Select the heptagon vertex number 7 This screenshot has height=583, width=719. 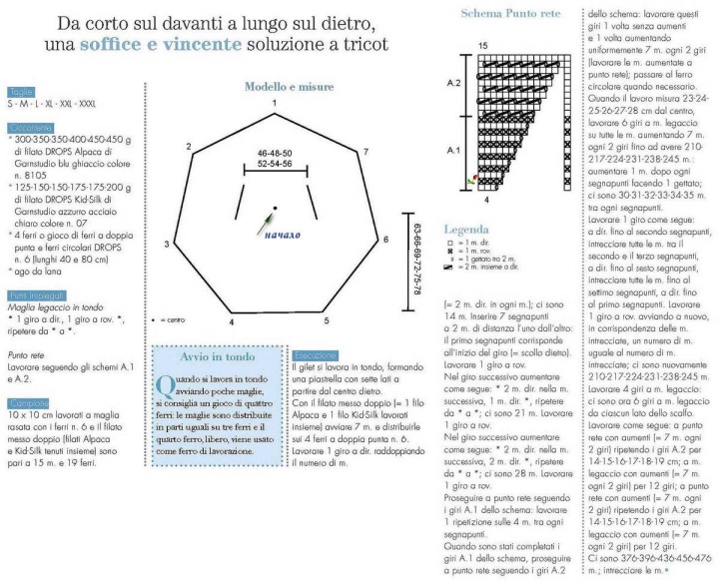(x=366, y=151)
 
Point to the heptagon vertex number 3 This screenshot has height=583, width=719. (x=166, y=244)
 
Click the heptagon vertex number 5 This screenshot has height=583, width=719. (x=326, y=319)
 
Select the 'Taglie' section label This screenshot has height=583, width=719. (x=19, y=90)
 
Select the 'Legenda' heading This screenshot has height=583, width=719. (x=466, y=229)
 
